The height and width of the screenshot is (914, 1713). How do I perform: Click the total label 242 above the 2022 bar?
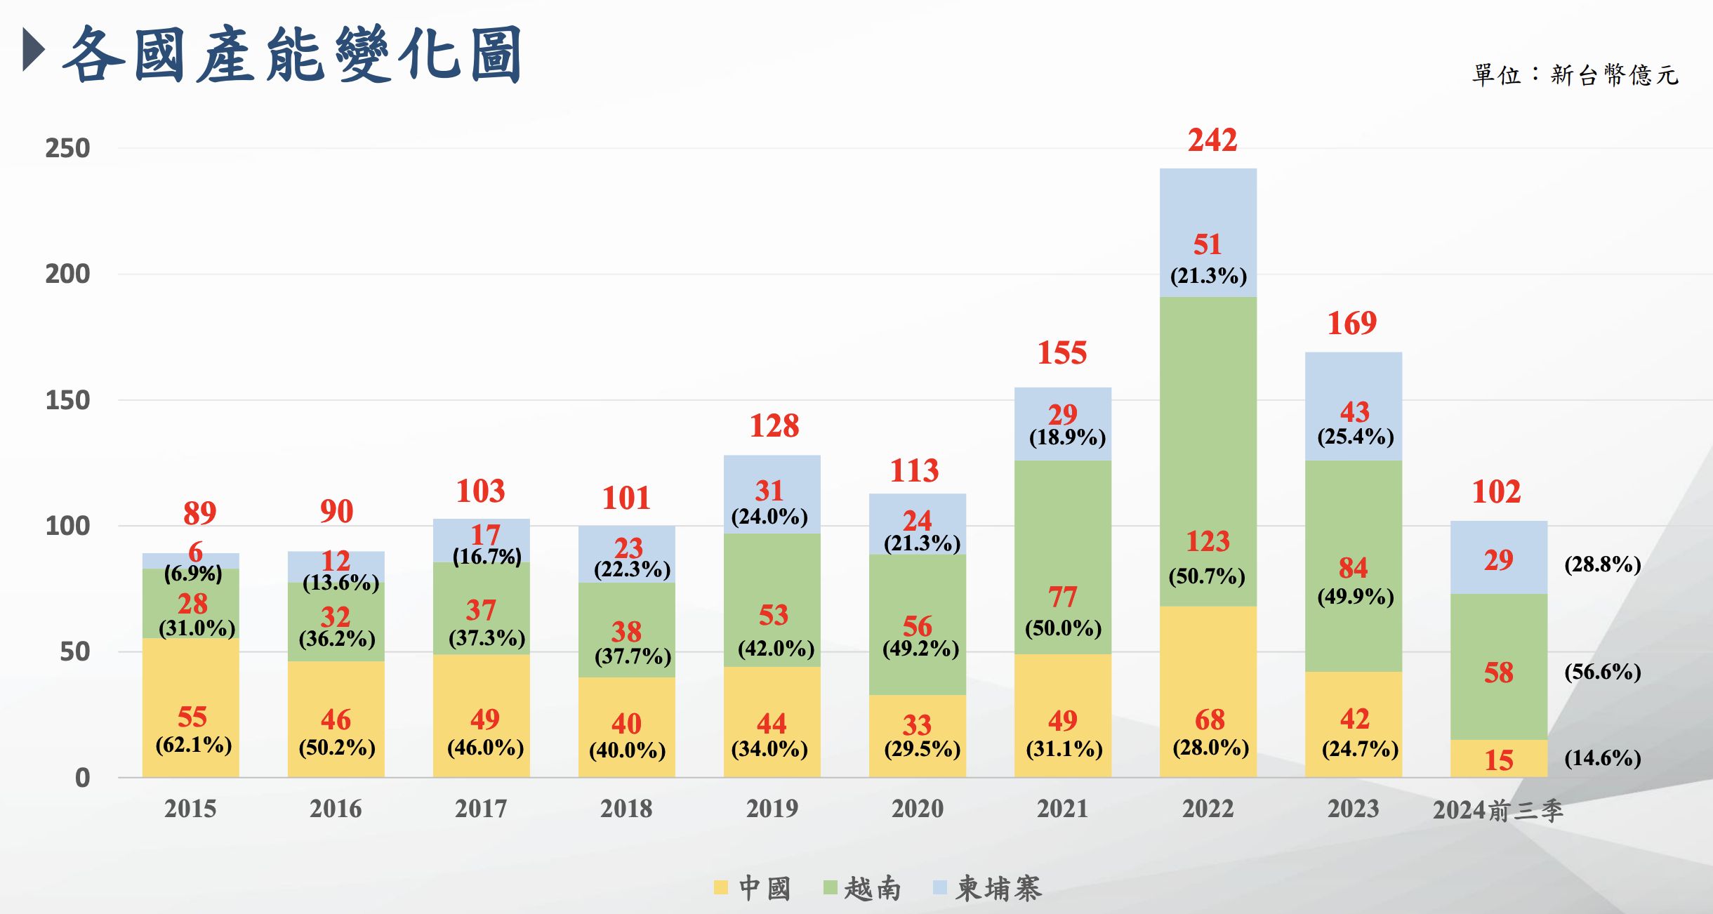point(1212,140)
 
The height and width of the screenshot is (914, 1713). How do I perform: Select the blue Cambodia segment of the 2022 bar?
point(1208,204)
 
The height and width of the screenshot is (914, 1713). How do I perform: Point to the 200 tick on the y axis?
point(67,274)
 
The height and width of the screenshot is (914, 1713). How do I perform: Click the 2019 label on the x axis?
point(772,809)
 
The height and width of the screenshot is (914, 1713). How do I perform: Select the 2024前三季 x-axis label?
point(1497,810)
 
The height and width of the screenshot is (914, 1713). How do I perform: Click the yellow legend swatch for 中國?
point(720,887)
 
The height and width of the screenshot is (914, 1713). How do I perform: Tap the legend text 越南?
point(872,889)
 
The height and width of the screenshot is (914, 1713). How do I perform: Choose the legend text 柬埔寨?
point(998,889)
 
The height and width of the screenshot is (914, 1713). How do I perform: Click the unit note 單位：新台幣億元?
point(1575,74)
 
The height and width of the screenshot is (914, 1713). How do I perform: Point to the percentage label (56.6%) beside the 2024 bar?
point(1602,672)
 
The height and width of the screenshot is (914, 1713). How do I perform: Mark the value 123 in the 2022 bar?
point(1208,541)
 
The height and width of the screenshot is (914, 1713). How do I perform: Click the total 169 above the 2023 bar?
point(1352,324)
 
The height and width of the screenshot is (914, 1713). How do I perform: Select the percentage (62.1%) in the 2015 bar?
point(194,744)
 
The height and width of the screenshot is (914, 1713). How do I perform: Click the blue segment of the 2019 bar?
point(772,470)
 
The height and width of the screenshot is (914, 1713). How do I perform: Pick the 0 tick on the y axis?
point(82,778)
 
